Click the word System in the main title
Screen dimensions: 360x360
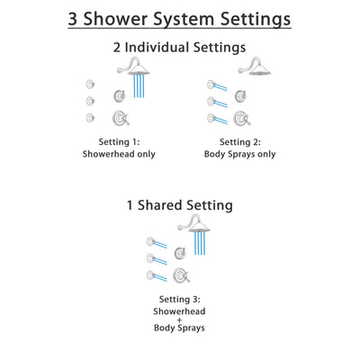click(x=181, y=21)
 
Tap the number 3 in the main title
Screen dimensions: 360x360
click(x=48, y=20)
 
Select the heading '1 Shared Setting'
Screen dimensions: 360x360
click(x=180, y=205)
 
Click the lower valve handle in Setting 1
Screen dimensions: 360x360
click(x=118, y=118)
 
